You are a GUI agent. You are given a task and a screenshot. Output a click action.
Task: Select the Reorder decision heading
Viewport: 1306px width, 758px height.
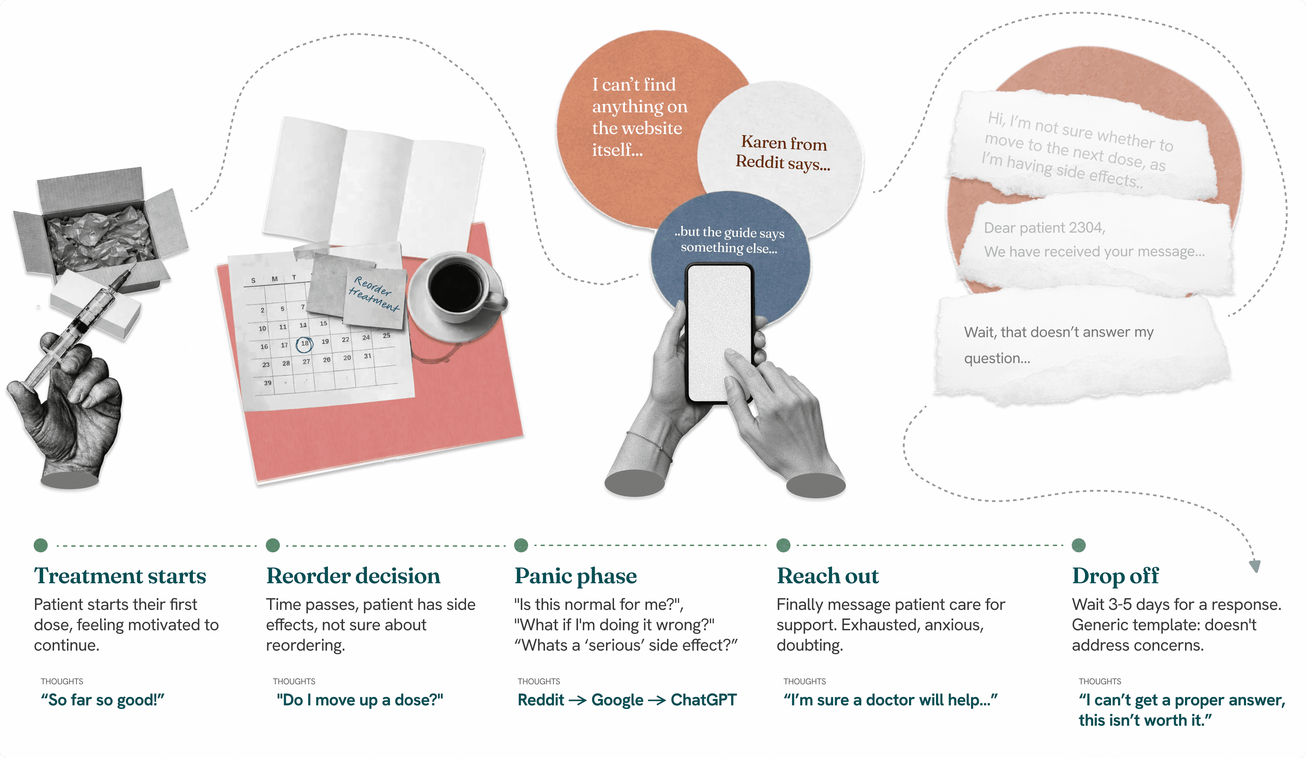[x=353, y=576]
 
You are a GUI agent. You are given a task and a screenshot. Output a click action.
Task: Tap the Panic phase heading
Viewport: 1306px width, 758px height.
[x=575, y=576]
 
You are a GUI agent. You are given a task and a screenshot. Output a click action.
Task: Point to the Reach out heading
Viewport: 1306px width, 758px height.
[x=828, y=576]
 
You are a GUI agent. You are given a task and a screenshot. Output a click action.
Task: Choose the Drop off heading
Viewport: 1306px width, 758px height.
[x=1115, y=576]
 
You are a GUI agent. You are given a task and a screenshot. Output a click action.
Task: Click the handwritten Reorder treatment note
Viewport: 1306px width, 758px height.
[x=373, y=294]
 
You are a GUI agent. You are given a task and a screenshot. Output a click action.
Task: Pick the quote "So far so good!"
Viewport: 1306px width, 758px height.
[x=103, y=700]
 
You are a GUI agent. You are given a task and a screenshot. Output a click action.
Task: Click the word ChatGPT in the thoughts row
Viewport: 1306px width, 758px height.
[x=703, y=700]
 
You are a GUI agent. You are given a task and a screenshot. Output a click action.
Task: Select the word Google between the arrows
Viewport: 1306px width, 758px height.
[x=617, y=700]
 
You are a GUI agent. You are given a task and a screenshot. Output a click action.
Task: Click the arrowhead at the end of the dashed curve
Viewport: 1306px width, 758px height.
[x=1255, y=566]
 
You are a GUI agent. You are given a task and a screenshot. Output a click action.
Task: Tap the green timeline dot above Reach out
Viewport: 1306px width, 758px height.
[x=783, y=545]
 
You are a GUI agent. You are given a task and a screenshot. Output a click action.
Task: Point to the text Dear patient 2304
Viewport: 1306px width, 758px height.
[x=1044, y=228]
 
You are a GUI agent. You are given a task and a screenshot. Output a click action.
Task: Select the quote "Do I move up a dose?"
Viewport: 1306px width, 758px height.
[x=360, y=700]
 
